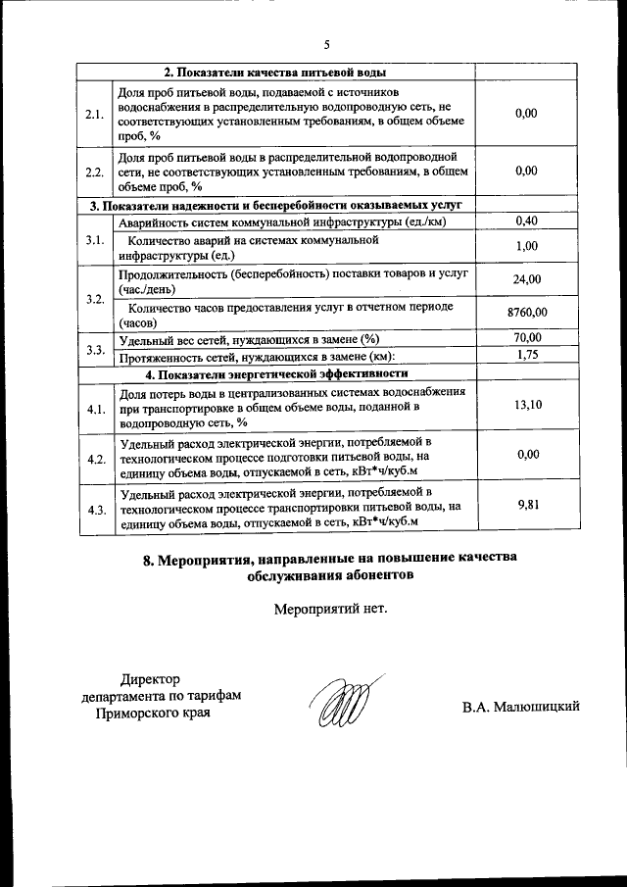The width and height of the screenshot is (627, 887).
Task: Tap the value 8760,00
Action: [526, 314]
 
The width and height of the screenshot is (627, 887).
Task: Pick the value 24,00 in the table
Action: [526, 280]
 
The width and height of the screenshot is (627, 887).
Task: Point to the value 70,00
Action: [526, 338]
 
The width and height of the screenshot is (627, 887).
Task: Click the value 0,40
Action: [526, 222]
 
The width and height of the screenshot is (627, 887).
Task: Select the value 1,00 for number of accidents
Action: [526, 246]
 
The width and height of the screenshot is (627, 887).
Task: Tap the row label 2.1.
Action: [95, 115]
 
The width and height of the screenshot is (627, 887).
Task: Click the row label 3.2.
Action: [95, 298]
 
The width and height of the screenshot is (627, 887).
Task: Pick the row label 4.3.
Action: [95, 510]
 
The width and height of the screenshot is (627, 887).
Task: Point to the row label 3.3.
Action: [95, 348]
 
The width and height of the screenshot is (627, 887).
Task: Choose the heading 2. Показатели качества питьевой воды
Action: [274, 73]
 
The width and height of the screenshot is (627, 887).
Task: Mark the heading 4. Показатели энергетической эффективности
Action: [276, 373]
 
